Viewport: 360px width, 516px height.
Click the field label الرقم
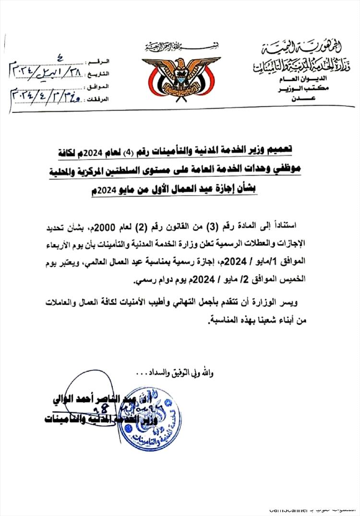tap(100, 62)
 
